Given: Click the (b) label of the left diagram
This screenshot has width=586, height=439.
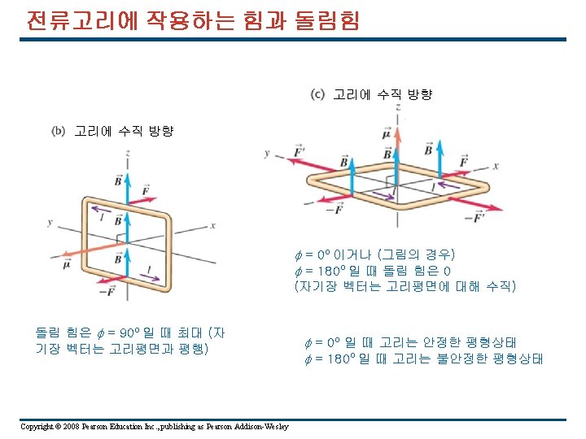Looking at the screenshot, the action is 58,130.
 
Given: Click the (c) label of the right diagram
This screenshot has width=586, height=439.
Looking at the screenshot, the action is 318,94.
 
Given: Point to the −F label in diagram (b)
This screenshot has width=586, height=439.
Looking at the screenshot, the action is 107,291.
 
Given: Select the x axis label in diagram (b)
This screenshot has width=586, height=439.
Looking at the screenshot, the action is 212,225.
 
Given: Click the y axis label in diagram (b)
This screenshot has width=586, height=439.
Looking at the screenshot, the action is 50,222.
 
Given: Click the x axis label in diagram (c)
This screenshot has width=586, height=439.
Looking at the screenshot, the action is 496,166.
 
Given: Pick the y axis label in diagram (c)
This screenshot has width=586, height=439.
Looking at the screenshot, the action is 266,152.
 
